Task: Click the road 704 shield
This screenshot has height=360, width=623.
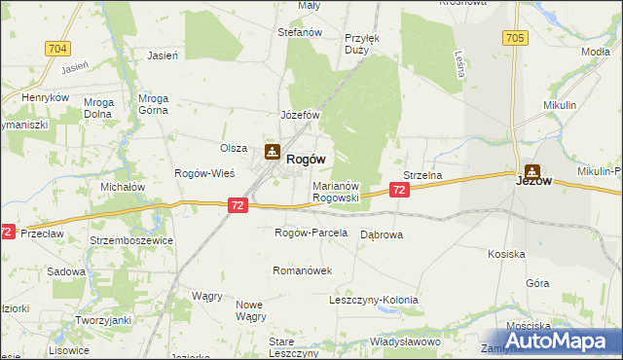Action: [x=57, y=48]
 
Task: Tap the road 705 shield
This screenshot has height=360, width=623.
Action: [x=516, y=38]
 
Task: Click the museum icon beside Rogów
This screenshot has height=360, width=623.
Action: [x=272, y=153]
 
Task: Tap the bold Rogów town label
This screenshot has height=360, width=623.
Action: [x=306, y=160]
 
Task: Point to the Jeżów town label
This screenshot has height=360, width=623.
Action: [x=533, y=180]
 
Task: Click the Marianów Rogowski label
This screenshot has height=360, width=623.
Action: [x=336, y=191]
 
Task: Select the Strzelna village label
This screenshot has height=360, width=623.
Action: [x=423, y=175]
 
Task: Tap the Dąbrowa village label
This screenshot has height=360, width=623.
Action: [x=382, y=234]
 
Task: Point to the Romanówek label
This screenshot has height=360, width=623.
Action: [x=304, y=270]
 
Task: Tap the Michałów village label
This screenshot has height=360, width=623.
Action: [x=124, y=186]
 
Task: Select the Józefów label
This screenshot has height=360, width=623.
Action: [x=301, y=115]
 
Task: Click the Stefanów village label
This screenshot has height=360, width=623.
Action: [x=300, y=32]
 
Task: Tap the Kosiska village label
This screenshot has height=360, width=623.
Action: [x=507, y=254]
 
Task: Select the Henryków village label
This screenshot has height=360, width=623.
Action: [x=46, y=98]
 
